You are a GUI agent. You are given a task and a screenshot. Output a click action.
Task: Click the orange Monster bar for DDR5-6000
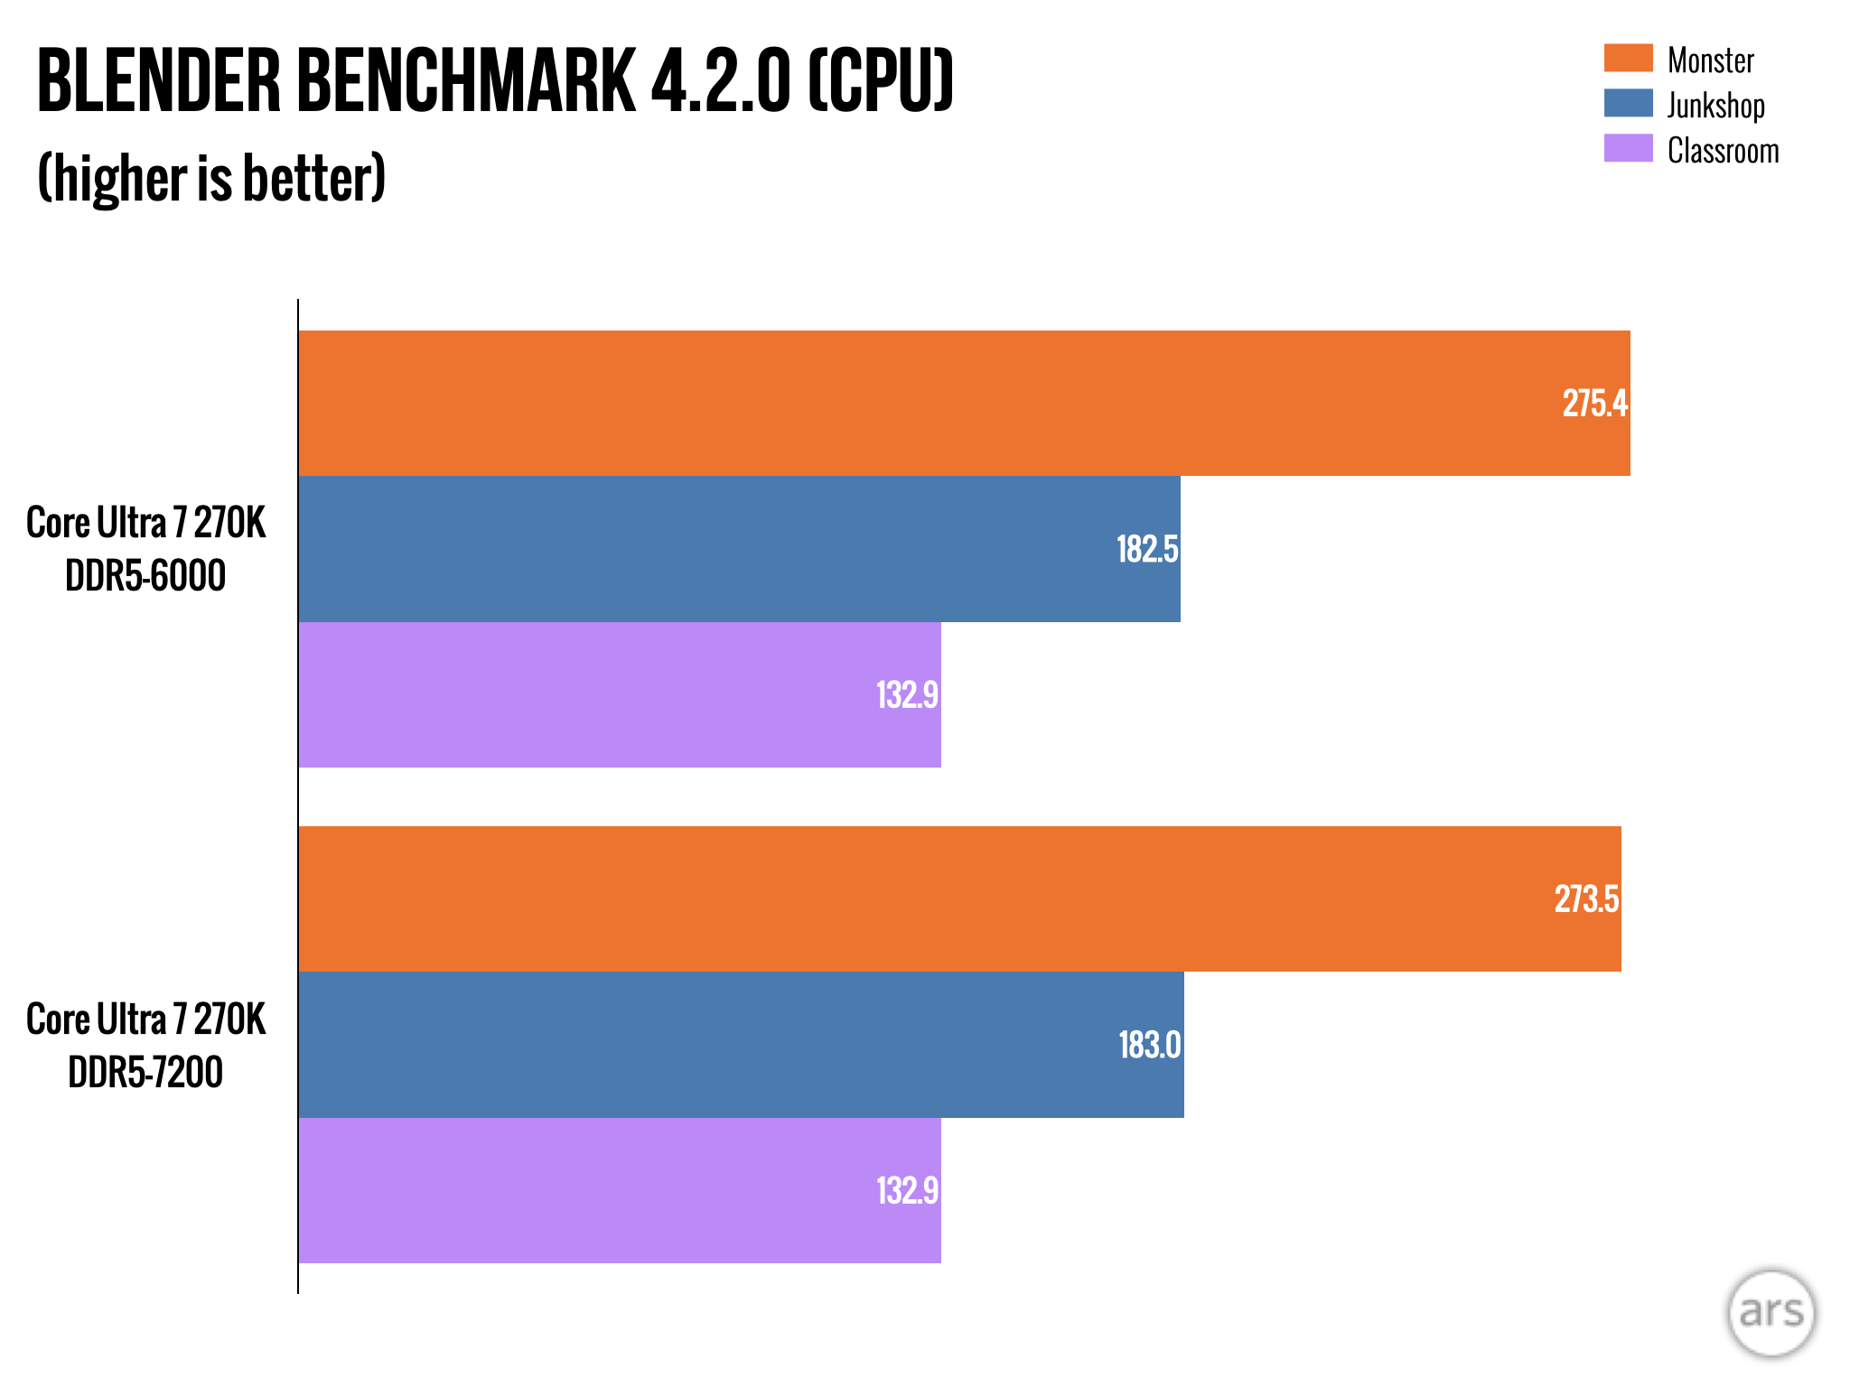coord(903,403)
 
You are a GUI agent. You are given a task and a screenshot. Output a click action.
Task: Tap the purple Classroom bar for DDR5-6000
coord(587,694)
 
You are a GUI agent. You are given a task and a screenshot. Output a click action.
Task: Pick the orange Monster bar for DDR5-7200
coord(903,898)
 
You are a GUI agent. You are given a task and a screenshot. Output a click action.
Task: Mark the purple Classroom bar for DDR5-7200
coord(587,1190)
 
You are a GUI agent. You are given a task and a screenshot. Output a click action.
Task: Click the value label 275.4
coord(1594,404)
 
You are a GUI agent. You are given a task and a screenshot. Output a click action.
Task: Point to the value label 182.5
coord(1147,549)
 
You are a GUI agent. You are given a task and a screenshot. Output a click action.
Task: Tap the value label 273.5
coord(1586,899)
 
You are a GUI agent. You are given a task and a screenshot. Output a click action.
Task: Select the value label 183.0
coord(1149,1045)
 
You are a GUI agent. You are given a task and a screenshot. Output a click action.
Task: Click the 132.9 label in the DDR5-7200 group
coord(907,1190)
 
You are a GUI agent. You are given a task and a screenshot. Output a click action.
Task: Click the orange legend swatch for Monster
coord(1628,58)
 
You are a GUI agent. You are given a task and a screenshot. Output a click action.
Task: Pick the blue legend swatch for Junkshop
coord(1628,103)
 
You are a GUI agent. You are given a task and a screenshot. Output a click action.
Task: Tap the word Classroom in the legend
coord(1723,151)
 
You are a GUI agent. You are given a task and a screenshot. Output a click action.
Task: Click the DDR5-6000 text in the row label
coord(145,576)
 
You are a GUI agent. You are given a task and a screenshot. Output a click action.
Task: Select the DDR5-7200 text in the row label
coord(145,1073)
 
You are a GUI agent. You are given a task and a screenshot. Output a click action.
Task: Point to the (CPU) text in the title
coord(881,82)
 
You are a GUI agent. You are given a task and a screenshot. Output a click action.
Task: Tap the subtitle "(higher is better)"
coord(211,178)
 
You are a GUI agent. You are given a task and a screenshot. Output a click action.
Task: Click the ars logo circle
coord(1771,1312)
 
